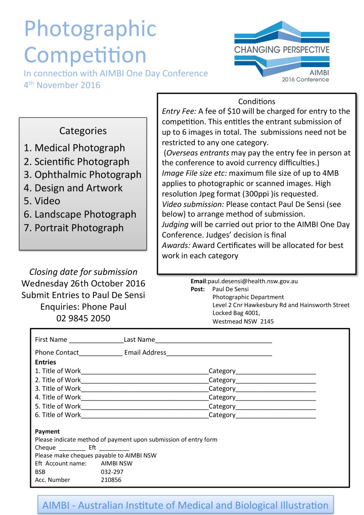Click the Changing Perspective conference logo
coord(281,51)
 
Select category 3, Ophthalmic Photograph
coord(83,175)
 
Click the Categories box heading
coord(83,131)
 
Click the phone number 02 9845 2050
coord(83,318)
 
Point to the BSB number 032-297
coord(112,472)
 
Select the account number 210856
coord(111,480)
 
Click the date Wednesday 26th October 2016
coord(83,284)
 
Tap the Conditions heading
coord(257,101)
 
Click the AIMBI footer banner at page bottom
coord(185,505)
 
